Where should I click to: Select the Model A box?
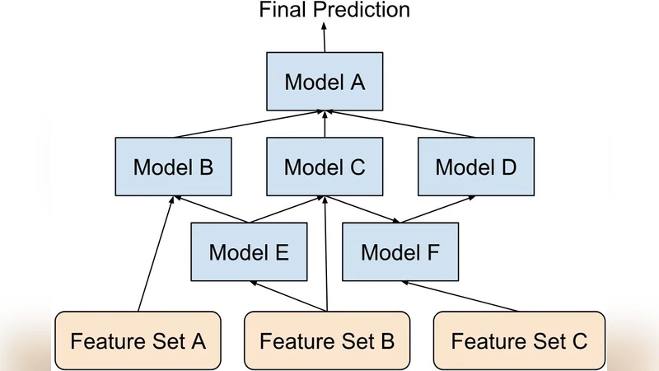(x=324, y=82)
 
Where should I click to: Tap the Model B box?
(x=173, y=167)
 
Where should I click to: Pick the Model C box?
(x=324, y=167)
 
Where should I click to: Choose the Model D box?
(x=475, y=167)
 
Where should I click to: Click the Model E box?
(x=249, y=251)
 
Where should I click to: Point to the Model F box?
(x=400, y=251)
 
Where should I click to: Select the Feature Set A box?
(x=138, y=340)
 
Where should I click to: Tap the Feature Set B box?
(x=327, y=340)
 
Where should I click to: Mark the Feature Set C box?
(x=518, y=340)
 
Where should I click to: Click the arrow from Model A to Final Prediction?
(x=324, y=38)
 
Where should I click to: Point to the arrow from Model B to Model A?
(x=247, y=124)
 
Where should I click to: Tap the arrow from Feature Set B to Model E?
(x=288, y=295)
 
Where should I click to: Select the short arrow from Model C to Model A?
(x=325, y=124)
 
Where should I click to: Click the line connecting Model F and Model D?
(x=437, y=209)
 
